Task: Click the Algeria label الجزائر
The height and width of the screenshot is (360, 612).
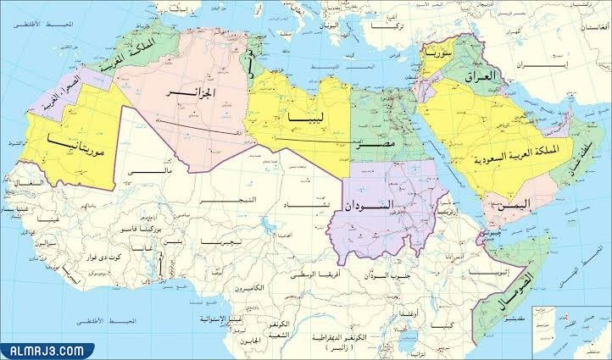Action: click(206, 91)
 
